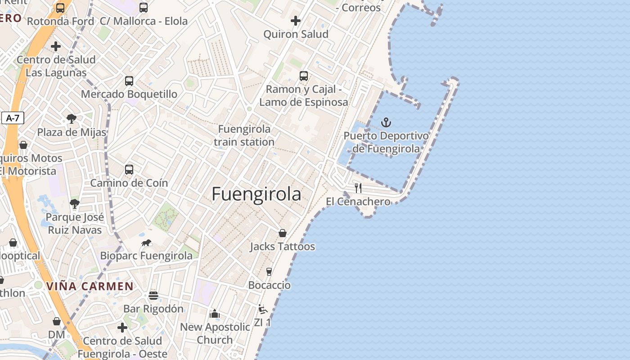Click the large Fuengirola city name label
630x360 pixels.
click(256, 194)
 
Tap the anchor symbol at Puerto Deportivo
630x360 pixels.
click(386, 122)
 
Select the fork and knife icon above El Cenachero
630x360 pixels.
click(358, 188)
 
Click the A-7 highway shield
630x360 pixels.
click(13, 118)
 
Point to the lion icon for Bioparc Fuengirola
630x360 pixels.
click(146, 243)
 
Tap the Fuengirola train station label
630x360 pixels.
click(244, 135)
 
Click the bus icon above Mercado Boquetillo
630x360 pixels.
click(129, 81)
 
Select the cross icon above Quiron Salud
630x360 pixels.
click(295, 21)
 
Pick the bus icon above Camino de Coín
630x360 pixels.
click(129, 170)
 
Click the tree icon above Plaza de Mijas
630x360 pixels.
click(71, 119)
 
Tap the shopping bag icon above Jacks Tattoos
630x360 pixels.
click(283, 233)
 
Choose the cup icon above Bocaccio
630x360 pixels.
click(269, 271)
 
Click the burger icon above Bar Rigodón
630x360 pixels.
click(153, 296)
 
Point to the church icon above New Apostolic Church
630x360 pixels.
click(215, 313)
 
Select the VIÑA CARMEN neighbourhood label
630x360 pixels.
click(90, 286)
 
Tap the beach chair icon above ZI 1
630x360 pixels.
click(263, 309)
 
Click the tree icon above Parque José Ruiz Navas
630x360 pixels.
click(75, 204)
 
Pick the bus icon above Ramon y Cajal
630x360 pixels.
click(304, 76)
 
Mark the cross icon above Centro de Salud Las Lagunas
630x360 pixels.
click(56, 46)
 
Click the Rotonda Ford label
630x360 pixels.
click(60, 21)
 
